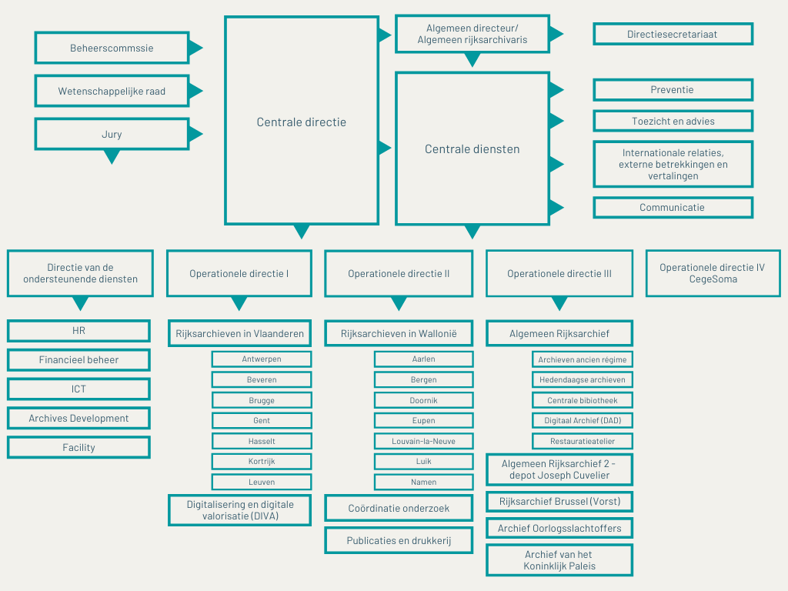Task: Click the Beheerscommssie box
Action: (112, 48)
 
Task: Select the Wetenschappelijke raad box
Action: (112, 91)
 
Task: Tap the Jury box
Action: (112, 134)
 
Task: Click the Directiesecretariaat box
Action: (673, 34)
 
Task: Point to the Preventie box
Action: (673, 90)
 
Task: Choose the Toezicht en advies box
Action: (673, 121)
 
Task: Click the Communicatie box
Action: (673, 208)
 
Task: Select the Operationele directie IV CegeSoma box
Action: (713, 273)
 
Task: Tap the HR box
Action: (79, 331)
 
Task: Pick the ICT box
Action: (79, 389)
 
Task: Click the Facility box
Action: (79, 447)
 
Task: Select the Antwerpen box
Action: (262, 359)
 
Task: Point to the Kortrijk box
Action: (262, 462)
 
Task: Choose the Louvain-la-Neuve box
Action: (424, 441)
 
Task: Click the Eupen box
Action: (424, 421)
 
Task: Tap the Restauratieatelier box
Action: (583, 441)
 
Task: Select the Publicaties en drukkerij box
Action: (399, 541)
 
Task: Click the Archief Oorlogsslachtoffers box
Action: (559, 528)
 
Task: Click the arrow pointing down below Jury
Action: (112, 157)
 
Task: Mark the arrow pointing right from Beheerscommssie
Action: (195, 48)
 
